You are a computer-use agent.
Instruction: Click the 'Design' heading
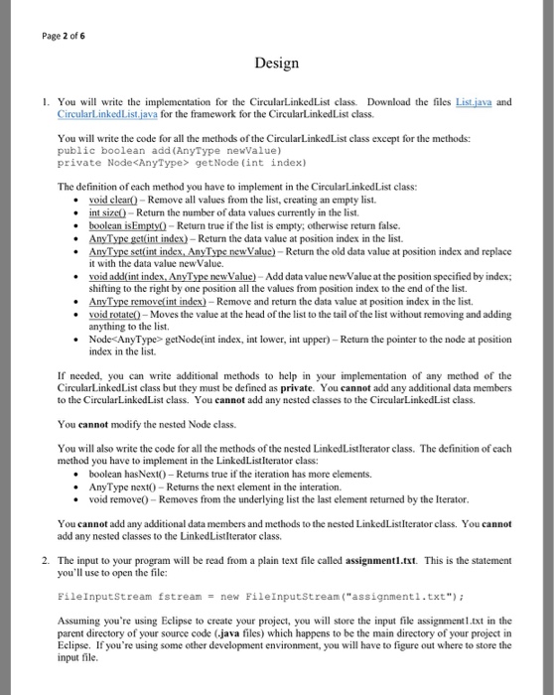pos(276,64)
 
